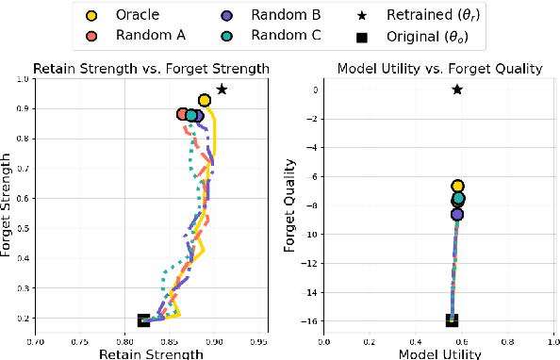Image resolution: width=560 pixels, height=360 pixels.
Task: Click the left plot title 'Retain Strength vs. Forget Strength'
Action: [152, 68]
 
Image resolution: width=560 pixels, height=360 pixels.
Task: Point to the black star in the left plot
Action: [222, 90]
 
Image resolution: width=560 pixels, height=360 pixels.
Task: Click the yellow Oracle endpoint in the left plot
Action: [204, 100]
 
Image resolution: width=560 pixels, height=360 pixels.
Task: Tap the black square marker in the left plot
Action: [143, 320]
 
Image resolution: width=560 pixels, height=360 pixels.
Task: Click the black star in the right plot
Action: [457, 90]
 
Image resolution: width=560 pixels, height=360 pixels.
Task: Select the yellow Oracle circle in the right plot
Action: [457, 187]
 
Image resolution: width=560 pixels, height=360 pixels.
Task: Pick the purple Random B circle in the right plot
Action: [457, 215]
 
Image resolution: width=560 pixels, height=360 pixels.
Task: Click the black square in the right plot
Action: [453, 320]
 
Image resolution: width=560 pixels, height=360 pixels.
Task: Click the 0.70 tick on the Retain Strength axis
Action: [35, 343]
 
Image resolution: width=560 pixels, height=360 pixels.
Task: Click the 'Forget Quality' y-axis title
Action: [289, 206]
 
